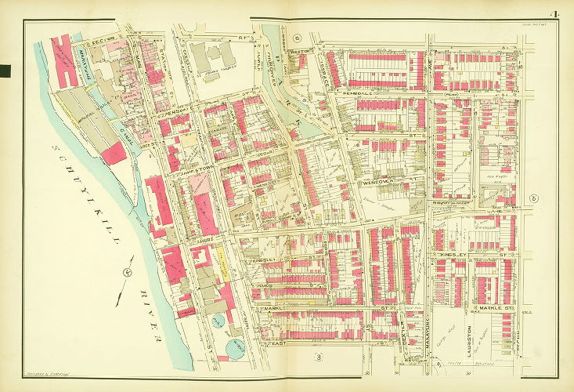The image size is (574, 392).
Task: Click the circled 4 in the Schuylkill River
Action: pyautogui.click(x=127, y=273)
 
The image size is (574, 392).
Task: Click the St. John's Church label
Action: pyautogui.click(x=210, y=76)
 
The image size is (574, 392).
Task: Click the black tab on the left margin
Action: pyautogui.click(x=5, y=71)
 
